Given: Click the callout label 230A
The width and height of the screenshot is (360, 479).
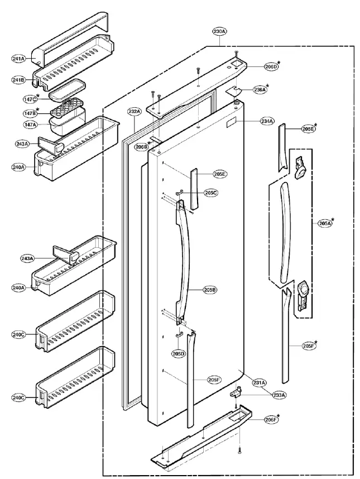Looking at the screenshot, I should [x=219, y=32].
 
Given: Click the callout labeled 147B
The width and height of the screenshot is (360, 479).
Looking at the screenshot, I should [x=30, y=113].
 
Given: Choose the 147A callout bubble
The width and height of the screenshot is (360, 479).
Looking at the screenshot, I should [x=30, y=126].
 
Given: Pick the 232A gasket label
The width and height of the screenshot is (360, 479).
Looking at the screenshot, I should [x=135, y=112].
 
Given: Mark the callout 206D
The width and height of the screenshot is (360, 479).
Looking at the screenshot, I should [x=271, y=66].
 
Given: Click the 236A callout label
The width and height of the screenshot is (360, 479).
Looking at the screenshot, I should [x=259, y=89].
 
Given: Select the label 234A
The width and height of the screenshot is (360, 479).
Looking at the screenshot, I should [x=267, y=121].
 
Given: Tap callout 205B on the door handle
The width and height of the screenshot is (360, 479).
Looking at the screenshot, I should [x=210, y=290].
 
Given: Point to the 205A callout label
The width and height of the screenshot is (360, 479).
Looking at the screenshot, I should [x=325, y=223].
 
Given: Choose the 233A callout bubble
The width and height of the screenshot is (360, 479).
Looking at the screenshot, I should [x=279, y=395].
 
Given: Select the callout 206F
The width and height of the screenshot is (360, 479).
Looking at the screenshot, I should [x=271, y=419].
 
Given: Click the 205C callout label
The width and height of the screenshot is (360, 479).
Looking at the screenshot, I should [x=210, y=193].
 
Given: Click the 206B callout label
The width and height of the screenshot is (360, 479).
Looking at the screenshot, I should [x=141, y=147].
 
